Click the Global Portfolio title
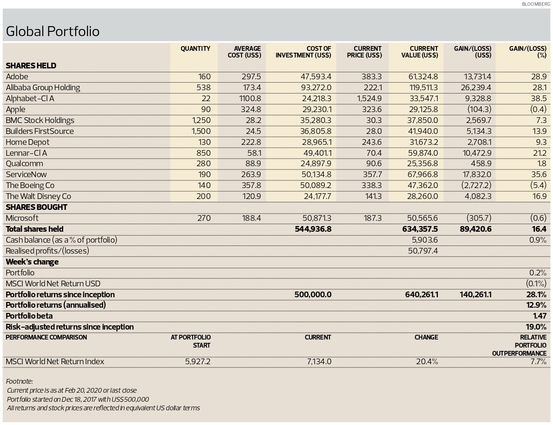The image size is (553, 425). pos(53,31)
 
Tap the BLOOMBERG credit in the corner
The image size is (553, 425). pos(536,4)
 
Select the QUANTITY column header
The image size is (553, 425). pos(195,48)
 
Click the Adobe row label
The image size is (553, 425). pos(17,76)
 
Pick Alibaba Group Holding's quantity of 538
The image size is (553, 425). pos(204,87)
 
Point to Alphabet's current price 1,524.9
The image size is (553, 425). pos(369,99)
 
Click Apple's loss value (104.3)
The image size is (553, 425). pos(479,110)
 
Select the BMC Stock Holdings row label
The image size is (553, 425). pos(40,121)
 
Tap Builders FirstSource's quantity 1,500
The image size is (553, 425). pos(201,132)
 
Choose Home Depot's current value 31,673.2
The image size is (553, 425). pos(422,142)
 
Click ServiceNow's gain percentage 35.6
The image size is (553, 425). pos(539,175)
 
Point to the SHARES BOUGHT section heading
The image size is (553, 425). pos(36,207)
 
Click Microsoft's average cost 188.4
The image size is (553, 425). pos(252,218)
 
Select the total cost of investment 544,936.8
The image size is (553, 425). pos(313,229)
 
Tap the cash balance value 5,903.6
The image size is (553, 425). pos(425,240)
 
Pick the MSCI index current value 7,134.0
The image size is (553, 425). pos(319,362)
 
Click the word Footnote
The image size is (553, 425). pos(19,381)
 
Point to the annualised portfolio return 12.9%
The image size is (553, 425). pos(536,305)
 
